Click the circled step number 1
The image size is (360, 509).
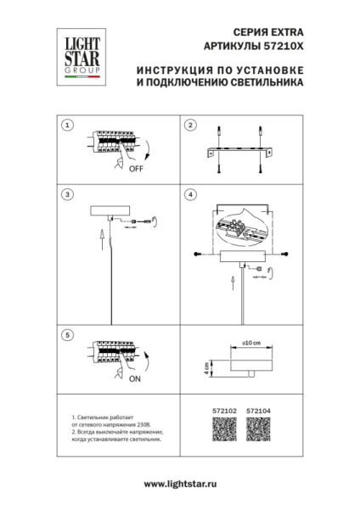click(68, 125)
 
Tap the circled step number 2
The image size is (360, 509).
click(192, 125)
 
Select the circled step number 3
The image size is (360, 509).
click(68, 194)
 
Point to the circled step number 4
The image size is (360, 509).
click(192, 194)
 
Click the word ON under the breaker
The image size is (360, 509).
click(133, 379)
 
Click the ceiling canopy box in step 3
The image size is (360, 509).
click(112, 210)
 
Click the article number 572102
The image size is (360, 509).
click(220, 411)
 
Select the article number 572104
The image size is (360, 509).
click(257, 411)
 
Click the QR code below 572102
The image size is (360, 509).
click(220, 431)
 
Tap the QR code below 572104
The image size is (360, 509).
click(256, 431)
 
